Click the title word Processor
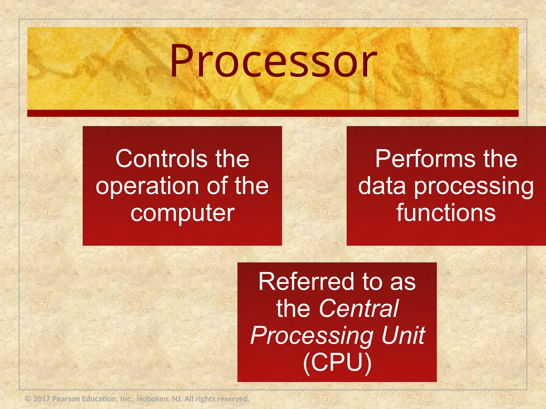[273, 61]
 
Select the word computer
[182, 213]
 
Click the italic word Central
[359, 309]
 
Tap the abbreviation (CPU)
[337, 362]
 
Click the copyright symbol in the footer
[28, 399]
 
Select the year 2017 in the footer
[42, 399]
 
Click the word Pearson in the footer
[66, 399]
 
